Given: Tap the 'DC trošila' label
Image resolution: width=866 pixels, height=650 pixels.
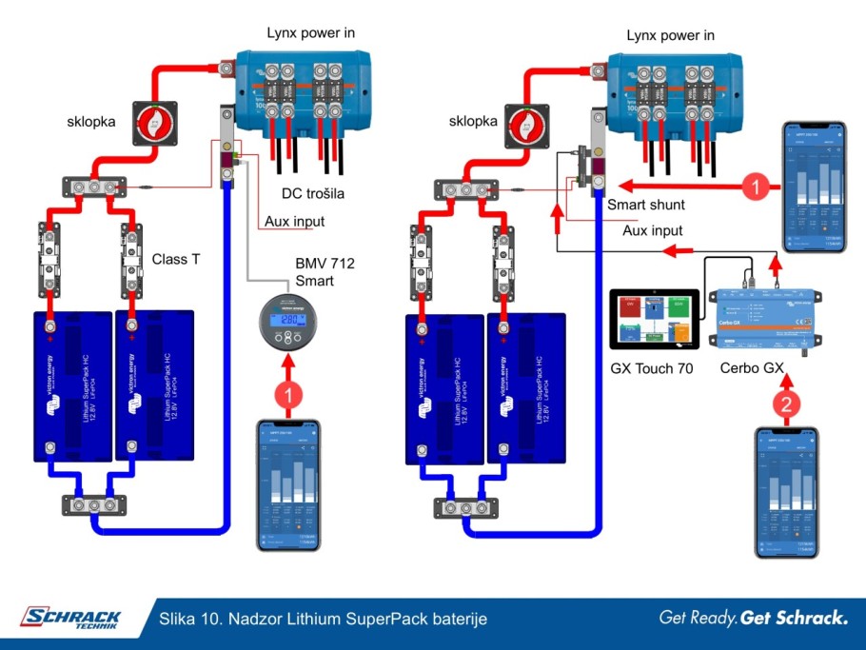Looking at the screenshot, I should click(x=313, y=193).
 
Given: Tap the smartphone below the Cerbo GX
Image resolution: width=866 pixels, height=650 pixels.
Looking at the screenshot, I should click(x=786, y=492).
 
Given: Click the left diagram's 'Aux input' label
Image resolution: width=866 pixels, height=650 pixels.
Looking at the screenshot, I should click(x=294, y=222).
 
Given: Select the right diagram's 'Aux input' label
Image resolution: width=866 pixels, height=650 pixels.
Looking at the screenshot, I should click(x=653, y=230).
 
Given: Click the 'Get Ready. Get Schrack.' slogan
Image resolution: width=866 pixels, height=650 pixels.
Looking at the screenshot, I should click(x=753, y=618).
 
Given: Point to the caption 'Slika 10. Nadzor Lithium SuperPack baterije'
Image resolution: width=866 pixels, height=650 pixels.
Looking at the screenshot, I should click(x=324, y=619).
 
